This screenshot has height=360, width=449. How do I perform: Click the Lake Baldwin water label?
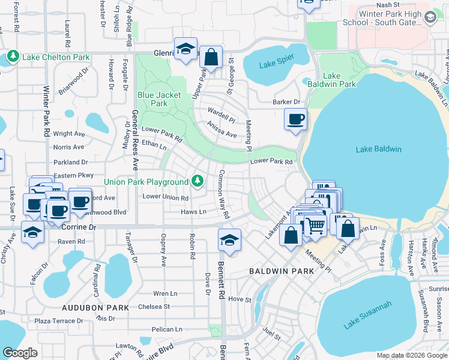[x=378, y=149]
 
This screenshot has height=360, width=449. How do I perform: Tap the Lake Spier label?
[x=277, y=65]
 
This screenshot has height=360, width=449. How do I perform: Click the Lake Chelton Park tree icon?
[x=13, y=57]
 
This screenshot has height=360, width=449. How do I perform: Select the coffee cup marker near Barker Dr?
[x=295, y=119]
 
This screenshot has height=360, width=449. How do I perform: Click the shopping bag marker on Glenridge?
[x=211, y=58]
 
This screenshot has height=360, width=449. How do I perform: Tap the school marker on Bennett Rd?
[x=229, y=240]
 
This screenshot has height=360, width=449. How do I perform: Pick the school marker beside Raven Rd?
[x=32, y=233]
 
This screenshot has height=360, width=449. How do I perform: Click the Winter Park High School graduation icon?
[x=430, y=18]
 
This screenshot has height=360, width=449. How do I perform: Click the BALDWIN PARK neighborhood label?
[x=282, y=272]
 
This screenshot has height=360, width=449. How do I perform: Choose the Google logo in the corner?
[x=20, y=352]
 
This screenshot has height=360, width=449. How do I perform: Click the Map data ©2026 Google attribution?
[x=412, y=355]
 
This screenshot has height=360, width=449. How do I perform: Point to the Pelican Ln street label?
[x=167, y=329]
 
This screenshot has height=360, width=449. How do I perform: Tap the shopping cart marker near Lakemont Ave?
[x=315, y=227]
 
